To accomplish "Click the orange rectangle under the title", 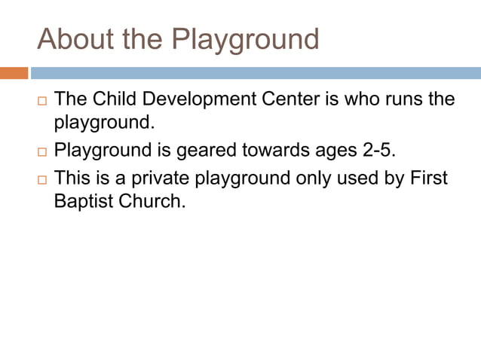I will pos(14,73).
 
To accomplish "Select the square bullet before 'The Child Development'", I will pos(41,101).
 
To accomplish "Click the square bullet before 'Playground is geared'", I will pos(41,151).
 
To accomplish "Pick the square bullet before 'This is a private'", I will pos(41,180).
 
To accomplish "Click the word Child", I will pos(115,99).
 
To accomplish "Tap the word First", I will pos(430,178).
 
